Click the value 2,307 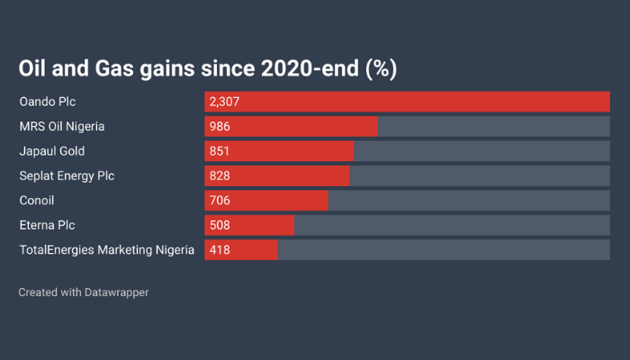tap(224, 102)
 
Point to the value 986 tap(220, 126)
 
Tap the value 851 tap(220, 151)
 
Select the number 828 tap(220, 175)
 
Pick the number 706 tap(220, 200)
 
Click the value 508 tap(220, 225)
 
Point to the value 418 tap(220, 249)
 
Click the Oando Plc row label tap(47, 102)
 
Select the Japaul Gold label tap(52, 151)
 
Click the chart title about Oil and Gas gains tap(208, 68)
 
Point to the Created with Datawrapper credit tap(84, 292)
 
